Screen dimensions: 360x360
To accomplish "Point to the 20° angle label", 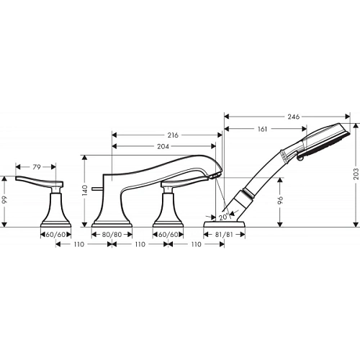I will tap(223, 216).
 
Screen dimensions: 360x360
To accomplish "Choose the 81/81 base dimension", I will tap(225, 234).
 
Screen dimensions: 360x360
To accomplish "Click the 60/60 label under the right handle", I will tap(167, 234).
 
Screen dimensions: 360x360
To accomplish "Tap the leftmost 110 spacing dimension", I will tap(80, 245).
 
